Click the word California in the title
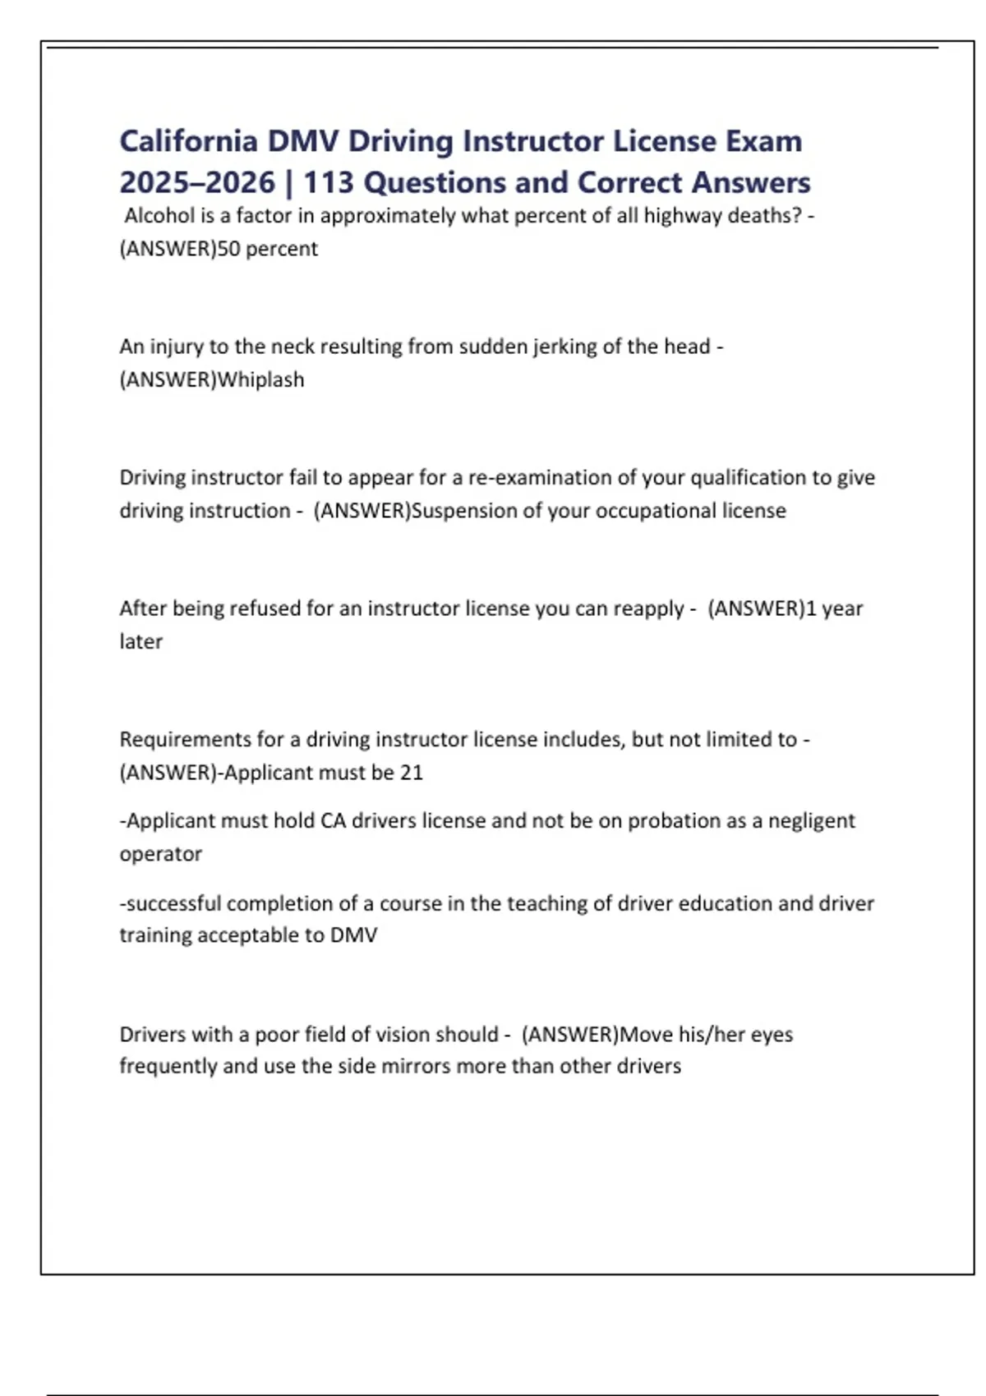(188, 141)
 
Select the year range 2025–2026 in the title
(197, 182)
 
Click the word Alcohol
(159, 216)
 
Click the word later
(141, 641)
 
